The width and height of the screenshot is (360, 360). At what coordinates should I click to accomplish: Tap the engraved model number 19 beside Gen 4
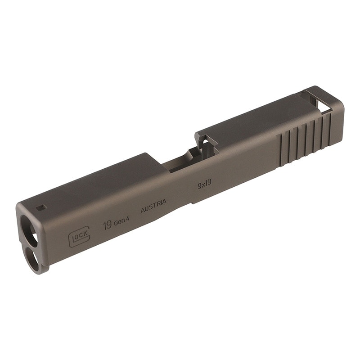(108, 225)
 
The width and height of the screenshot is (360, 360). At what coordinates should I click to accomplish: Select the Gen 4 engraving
(121, 221)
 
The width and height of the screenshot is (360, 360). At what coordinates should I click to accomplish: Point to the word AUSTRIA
(153, 206)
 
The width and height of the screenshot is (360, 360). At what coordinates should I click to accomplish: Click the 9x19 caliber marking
(205, 184)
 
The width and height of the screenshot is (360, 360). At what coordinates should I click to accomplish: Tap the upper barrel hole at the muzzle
(29, 230)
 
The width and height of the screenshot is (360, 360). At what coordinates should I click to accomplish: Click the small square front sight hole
(41, 208)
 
